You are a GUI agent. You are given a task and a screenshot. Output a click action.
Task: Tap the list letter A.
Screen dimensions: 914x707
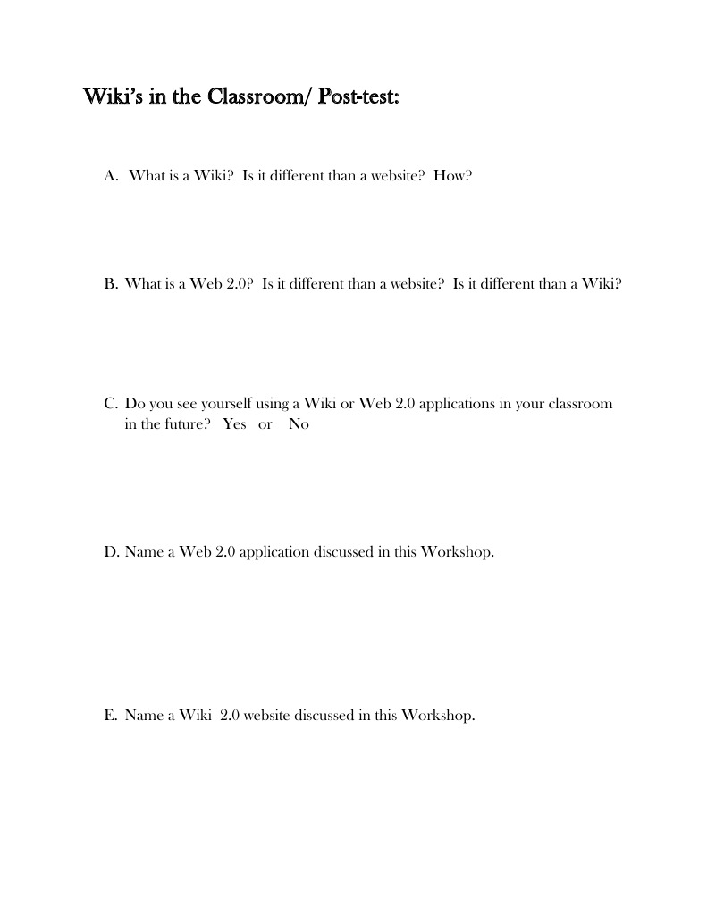click(x=111, y=175)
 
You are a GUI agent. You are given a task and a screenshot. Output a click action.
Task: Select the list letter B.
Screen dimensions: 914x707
click(x=110, y=284)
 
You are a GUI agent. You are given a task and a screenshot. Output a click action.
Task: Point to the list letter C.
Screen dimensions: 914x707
click(x=110, y=404)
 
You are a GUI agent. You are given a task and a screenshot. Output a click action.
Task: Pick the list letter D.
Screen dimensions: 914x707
click(x=111, y=552)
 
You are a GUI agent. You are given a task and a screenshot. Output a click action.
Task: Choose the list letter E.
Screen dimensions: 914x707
click(x=110, y=716)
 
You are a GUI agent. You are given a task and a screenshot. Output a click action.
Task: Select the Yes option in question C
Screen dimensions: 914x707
click(x=234, y=424)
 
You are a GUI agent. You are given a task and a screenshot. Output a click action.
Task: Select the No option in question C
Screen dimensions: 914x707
click(x=299, y=424)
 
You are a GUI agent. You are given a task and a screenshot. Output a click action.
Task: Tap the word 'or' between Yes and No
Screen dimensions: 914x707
click(x=265, y=424)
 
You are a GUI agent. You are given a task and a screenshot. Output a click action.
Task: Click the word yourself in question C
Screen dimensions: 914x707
click(x=214, y=404)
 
